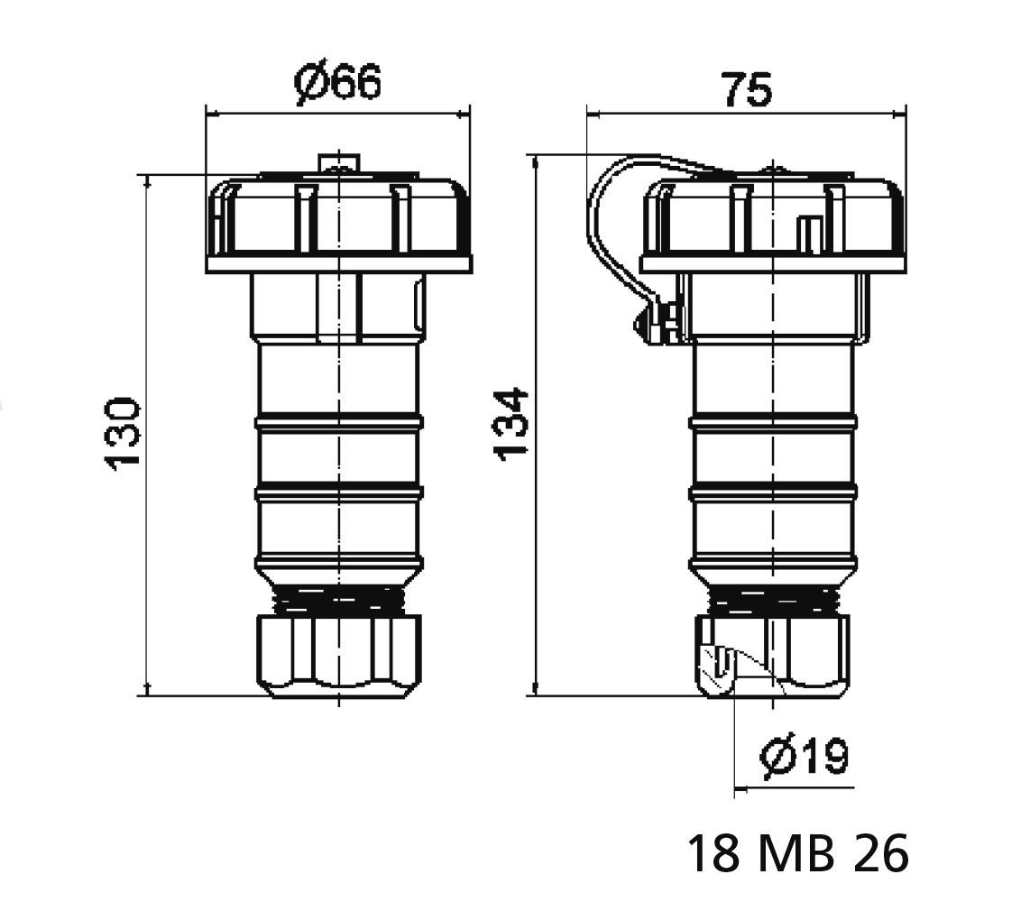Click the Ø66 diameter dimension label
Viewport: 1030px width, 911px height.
[x=338, y=84]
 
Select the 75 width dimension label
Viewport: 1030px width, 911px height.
[x=746, y=90]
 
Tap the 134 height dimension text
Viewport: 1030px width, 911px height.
[x=511, y=424]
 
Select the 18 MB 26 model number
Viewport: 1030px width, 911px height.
[x=797, y=853]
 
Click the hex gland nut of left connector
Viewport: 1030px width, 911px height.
[x=338, y=655]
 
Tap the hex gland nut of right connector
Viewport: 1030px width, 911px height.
[x=794, y=655]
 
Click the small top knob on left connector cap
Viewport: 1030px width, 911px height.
[x=339, y=162]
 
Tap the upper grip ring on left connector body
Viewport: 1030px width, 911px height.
[x=338, y=421]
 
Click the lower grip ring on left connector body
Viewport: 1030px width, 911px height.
[x=338, y=492]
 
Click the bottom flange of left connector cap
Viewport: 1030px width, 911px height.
[x=338, y=263]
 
